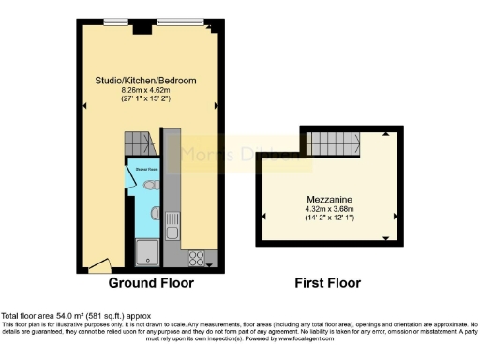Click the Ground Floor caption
click(x=151, y=282)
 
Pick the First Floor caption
click(x=328, y=282)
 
